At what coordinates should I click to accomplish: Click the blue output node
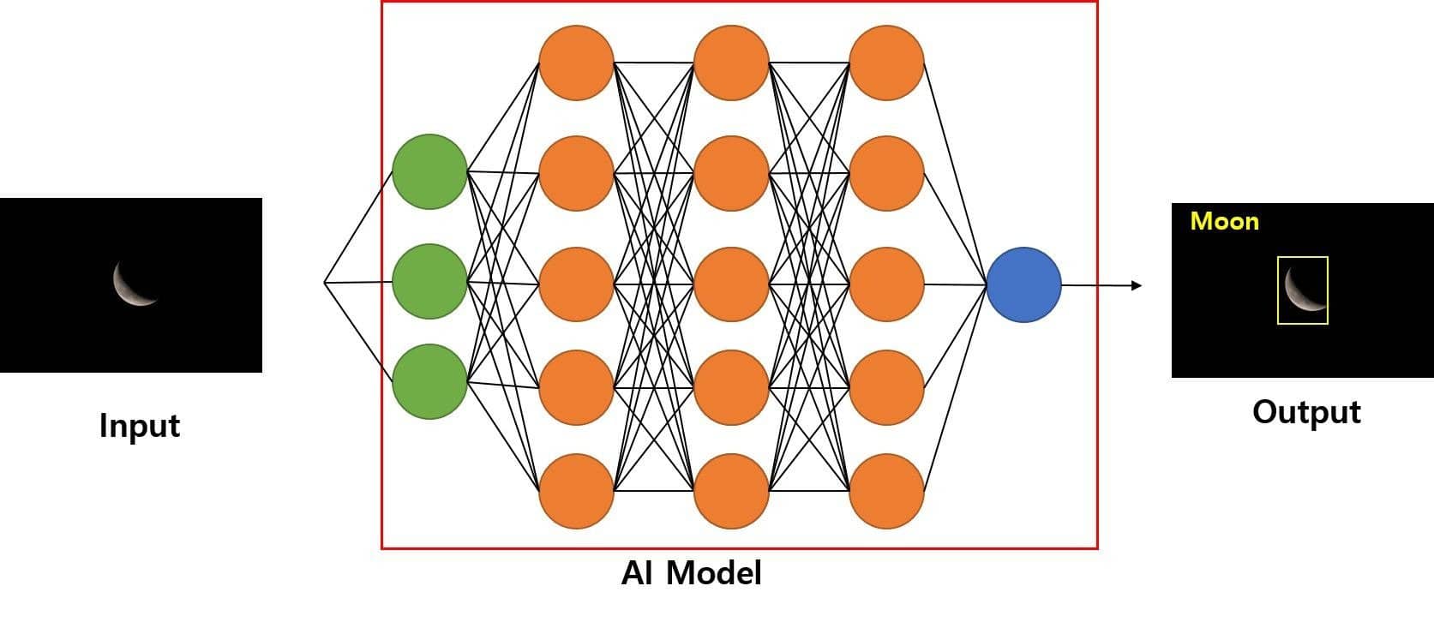coord(1023,284)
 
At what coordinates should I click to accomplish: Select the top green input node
coord(429,171)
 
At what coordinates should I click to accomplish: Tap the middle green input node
coord(429,281)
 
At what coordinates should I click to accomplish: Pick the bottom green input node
coord(429,381)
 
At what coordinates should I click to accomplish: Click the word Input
coord(140,426)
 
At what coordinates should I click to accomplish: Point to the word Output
coord(1305,412)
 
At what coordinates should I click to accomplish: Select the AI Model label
coord(691,572)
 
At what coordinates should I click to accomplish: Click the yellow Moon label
coord(1224,222)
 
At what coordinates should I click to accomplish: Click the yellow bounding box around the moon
coord(1302,290)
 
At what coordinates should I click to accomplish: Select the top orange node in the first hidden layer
coord(576,63)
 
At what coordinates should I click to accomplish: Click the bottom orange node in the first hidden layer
coord(576,491)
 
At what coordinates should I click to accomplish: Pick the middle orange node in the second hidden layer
coord(731,284)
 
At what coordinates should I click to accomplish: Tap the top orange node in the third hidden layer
coord(886,63)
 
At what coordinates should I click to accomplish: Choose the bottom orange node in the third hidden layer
coord(886,491)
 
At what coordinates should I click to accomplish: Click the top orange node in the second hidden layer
coord(731,63)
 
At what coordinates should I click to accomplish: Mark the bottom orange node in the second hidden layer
coord(731,491)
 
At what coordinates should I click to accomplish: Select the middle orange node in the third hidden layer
coord(886,284)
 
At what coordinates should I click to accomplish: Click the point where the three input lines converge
coord(325,282)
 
